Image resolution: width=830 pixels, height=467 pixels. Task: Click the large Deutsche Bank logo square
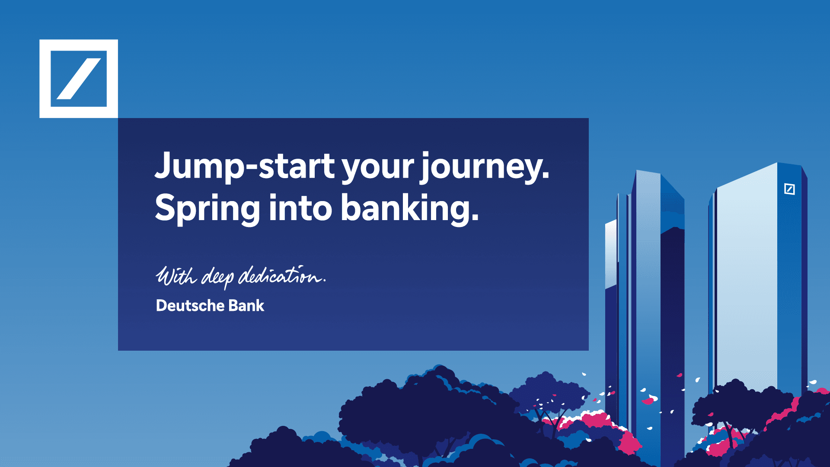pos(79,79)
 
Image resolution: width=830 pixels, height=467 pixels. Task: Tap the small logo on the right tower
pos(789,189)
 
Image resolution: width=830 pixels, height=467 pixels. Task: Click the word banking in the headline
pos(405,208)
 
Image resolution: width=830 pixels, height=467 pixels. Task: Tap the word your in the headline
pos(378,169)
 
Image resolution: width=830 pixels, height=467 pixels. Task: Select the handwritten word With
pos(176,275)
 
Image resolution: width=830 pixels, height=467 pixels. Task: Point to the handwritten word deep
pos(218,278)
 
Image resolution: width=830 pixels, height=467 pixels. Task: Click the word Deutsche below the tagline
pos(190,305)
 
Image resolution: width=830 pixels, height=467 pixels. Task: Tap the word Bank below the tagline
pos(246,305)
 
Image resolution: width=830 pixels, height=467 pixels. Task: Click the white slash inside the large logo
pos(79,79)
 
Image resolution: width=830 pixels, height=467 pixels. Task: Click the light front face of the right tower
pos(747,281)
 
